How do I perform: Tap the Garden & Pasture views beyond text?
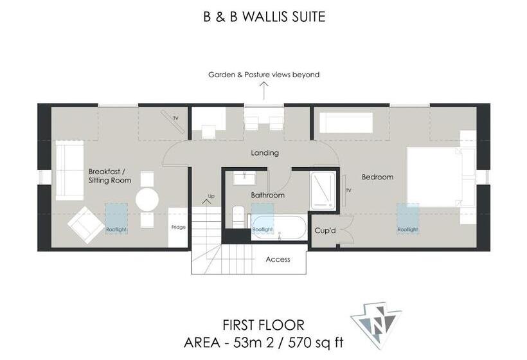pos(263,75)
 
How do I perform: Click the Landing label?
pos(265,153)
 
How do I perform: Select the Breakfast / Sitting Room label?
pos(110,176)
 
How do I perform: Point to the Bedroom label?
pos(377,177)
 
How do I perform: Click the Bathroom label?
pos(267,195)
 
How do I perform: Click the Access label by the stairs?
pos(278,260)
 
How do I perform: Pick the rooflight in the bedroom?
pos(408,219)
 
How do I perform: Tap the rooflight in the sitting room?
pos(116,219)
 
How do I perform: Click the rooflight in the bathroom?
pos(262,219)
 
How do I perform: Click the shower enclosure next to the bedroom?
pos(323,190)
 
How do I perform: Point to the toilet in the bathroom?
pos(237,216)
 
